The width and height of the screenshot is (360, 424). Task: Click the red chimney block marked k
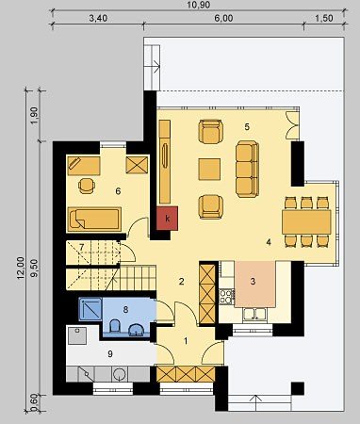click(x=167, y=218)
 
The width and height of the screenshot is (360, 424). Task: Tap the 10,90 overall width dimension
click(x=198, y=5)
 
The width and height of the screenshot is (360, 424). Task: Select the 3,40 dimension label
click(x=98, y=18)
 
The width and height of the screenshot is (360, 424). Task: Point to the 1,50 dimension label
click(x=323, y=18)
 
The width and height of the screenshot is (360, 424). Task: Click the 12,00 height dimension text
click(x=21, y=268)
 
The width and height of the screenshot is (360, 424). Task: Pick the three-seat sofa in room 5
click(x=247, y=169)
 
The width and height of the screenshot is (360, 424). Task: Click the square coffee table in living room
click(x=209, y=170)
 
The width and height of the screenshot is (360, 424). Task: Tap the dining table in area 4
click(x=306, y=221)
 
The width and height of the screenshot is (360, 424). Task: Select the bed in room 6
click(x=94, y=220)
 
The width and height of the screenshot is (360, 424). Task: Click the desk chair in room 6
click(x=87, y=186)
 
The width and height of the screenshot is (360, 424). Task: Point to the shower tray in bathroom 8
click(x=90, y=309)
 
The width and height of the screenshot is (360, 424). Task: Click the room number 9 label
click(x=110, y=354)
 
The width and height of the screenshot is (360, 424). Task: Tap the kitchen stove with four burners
click(x=227, y=297)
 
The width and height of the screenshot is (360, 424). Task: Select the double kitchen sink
click(x=254, y=315)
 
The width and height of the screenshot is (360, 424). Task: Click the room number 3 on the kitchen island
click(x=253, y=282)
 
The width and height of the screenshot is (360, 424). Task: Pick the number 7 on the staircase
click(x=81, y=247)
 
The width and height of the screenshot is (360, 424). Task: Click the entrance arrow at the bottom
click(x=256, y=402)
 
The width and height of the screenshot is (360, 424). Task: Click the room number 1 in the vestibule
click(x=186, y=341)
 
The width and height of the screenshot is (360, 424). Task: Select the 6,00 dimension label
click(x=223, y=18)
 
